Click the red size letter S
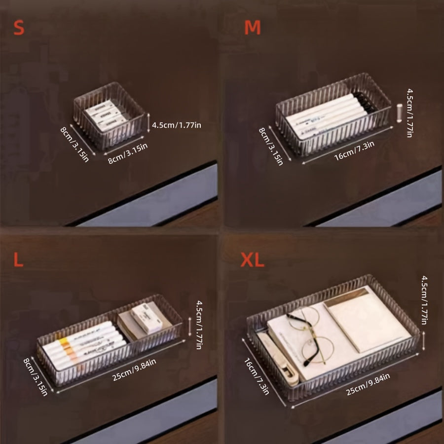pos(19,28)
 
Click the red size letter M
pos(252,28)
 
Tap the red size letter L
pos(18,260)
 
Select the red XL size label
pos(252,260)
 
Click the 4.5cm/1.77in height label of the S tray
pos(177,125)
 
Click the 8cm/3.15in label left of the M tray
pos(271,146)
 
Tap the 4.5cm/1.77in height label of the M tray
pos(409,112)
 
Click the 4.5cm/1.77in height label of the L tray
pos(199,325)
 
